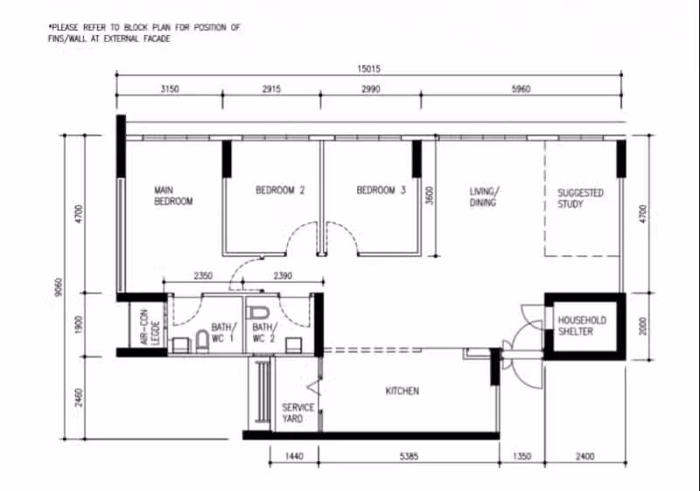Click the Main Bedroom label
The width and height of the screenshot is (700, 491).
[173, 196]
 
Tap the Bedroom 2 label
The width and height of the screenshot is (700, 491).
[280, 190]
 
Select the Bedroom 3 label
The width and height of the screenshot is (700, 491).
[381, 190]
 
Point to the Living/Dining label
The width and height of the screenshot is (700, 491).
[484, 197]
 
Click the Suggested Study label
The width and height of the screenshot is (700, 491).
[580, 198]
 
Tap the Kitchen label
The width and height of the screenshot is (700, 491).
[402, 391]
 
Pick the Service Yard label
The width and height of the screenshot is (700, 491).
[297, 413]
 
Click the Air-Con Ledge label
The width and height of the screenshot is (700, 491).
[150, 328]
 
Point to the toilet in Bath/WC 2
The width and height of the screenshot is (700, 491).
[257, 313]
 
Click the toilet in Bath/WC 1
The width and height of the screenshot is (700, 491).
[202, 341]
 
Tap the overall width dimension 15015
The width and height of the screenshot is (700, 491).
[368, 69]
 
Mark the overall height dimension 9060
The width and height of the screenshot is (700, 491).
[59, 287]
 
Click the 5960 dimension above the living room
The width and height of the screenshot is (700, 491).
[521, 89]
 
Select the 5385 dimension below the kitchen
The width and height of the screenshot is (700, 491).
[409, 456]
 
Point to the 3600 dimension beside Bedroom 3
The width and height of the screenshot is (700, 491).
[429, 196]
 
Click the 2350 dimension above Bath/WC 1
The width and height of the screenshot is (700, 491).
[203, 276]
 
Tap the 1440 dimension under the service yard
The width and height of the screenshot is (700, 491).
[294, 456]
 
